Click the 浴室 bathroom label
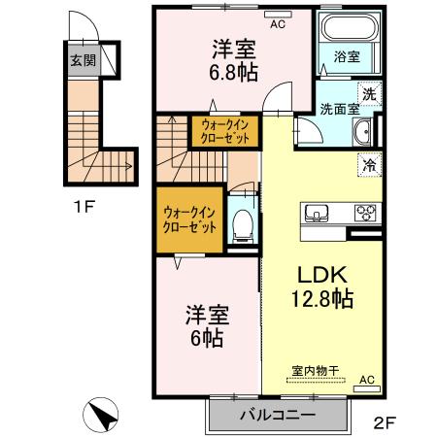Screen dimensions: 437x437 pos(349,57)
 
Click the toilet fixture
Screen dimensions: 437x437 pos(242,228)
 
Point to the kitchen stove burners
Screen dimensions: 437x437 pos(365,213)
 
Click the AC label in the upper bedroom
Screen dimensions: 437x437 pos(277,24)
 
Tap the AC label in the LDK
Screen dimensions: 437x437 pos(367,380)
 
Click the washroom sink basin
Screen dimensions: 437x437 pos(360,134)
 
